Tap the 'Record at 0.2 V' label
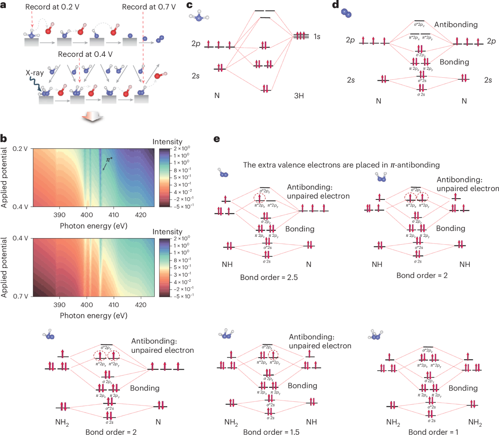click(52, 7)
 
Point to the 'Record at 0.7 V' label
click(148, 7)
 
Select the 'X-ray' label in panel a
click(35, 73)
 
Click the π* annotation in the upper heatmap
click(109, 160)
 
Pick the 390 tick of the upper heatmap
click(59, 215)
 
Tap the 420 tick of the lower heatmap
click(141, 305)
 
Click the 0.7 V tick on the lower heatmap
click(20, 296)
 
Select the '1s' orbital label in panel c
click(317, 37)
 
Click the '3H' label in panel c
click(299, 96)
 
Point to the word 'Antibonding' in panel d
click(456, 25)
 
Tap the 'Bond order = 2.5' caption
click(269, 277)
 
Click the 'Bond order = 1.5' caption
click(271, 432)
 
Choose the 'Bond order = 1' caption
click(433, 432)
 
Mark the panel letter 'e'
click(217, 139)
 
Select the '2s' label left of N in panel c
click(195, 76)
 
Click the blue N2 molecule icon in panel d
click(346, 13)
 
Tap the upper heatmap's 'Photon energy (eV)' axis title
click(94, 226)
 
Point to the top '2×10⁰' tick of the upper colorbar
click(182, 148)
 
